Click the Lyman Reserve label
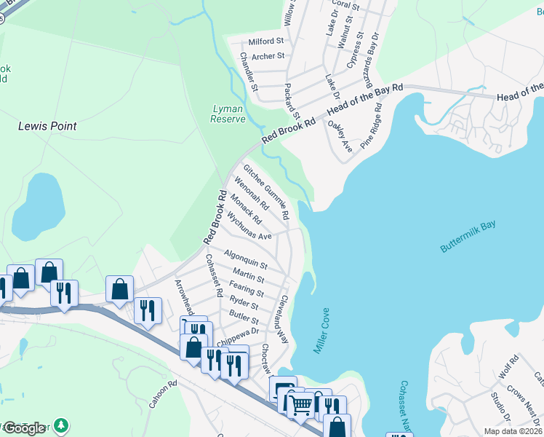[x=228, y=114]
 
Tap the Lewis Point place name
[x=47, y=126]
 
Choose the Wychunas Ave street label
[x=249, y=227]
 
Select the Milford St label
[x=265, y=42]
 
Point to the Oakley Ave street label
[x=340, y=137]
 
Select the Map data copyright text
[x=513, y=431]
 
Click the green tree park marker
[x=63, y=425]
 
